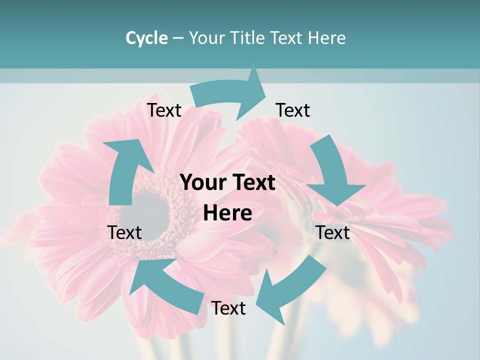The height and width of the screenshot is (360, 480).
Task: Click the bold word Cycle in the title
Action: pyautogui.click(x=146, y=38)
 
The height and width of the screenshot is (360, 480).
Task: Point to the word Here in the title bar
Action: pyautogui.click(x=326, y=38)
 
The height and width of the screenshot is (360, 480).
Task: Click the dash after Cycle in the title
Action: pyautogui.click(x=178, y=38)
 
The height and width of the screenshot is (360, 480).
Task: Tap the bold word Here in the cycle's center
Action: pyautogui.click(x=227, y=213)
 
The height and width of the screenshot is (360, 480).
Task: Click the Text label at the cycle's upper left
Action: pyautogui.click(x=164, y=110)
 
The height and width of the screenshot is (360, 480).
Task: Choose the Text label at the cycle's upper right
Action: pyautogui.click(x=293, y=110)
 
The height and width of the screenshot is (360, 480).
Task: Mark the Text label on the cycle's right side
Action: pyautogui.click(x=333, y=232)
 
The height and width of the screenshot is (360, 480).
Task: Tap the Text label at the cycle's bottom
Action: pyautogui.click(x=228, y=308)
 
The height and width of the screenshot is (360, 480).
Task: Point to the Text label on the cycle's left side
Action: pyautogui.click(x=125, y=232)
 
